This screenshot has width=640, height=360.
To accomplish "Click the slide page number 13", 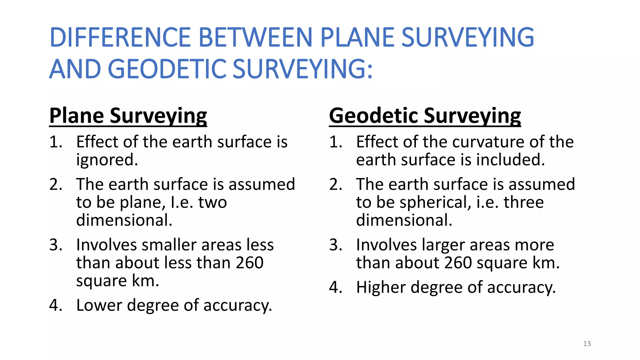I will pos(587,344).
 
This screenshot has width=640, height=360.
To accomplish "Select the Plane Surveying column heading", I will pos(128,116).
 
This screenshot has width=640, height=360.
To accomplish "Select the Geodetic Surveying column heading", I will pos(425,116).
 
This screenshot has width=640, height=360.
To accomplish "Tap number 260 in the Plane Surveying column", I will pos(249,263).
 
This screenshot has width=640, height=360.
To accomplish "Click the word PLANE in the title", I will pos(357,37).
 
